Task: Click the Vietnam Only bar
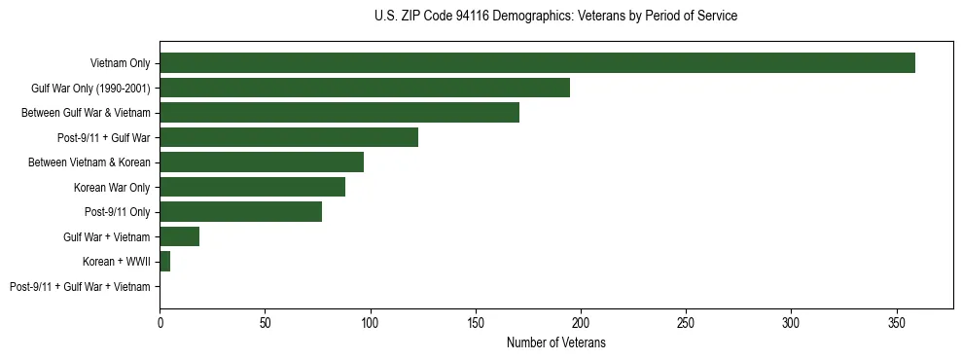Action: (x=537, y=63)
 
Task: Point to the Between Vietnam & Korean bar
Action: (x=262, y=162)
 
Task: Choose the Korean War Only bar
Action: (x=252, y=187)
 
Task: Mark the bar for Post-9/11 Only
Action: (x=240, y=211)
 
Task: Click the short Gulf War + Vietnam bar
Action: (x=179, y=236)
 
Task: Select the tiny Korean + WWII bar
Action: (x=165, y=261)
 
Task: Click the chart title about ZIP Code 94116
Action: (x=555, y=17)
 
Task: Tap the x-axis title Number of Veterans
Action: (x=555, y=342)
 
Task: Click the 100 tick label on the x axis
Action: (x=371, y=320)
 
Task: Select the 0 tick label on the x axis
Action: (x=160, y=320)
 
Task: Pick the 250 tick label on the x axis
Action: (x=687, y=320)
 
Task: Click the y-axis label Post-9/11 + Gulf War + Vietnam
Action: (x=80, y=286)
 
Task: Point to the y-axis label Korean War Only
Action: (x=112, y=187)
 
